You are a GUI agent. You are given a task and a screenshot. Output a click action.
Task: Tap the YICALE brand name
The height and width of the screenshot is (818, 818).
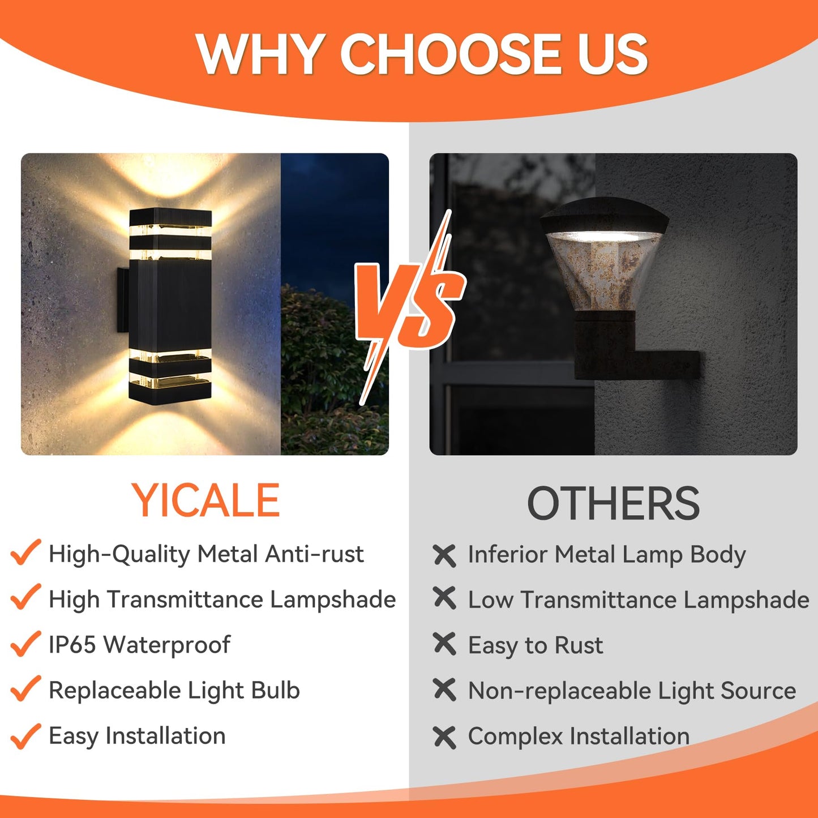click(x=206, y=500)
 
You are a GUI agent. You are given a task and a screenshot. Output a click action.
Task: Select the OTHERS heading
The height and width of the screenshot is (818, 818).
click(x=613, y=503)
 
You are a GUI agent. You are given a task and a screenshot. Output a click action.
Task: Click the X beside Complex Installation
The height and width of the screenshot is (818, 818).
click(x=444, y=737)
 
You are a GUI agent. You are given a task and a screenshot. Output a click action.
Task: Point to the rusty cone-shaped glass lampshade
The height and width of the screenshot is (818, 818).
click(x=603, y=272)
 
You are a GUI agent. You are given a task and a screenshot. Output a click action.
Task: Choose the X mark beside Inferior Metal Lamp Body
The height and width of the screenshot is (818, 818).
click(x=444, y=555)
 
